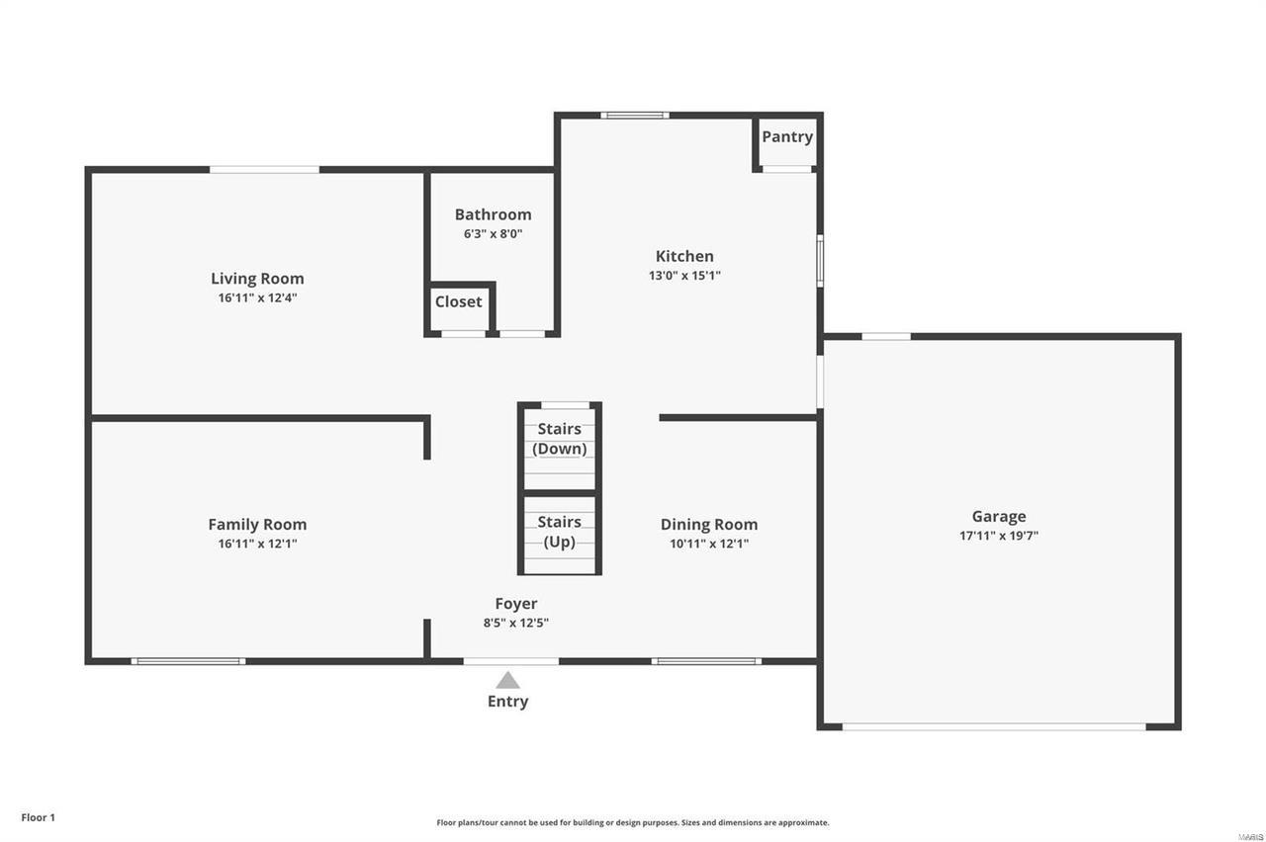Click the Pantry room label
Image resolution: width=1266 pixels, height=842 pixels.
[x=787, y=136]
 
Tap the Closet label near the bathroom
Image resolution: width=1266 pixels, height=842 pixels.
[x=459, y=301]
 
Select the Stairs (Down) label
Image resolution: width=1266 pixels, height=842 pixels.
[x=560, y=439]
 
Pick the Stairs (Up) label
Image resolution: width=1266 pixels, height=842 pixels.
[x=560, y=532]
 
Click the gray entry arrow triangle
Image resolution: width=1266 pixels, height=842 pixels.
[x=507, y=680]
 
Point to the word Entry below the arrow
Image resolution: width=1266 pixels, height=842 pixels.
[x=507, y=702]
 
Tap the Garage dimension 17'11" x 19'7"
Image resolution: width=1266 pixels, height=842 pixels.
[x=999, y=537]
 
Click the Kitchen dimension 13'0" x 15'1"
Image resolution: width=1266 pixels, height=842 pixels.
[x=684, y=277]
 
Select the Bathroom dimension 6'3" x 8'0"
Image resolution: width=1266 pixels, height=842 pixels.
[x=493, y=234]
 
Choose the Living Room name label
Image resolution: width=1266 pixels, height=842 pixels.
[x=257, y=279]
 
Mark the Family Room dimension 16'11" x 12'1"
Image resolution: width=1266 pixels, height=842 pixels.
[x=257, y=544]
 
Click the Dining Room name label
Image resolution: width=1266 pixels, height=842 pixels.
[x=709, y=525]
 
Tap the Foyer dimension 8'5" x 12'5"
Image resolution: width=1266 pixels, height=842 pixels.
[x=516, y=624]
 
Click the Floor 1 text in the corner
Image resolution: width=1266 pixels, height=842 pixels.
[x=39, y=817]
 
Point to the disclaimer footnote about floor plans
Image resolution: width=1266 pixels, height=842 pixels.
[x=633, y=822]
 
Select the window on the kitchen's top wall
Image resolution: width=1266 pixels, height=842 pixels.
[x=635, y=116]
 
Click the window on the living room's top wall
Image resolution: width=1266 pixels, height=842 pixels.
[x=264, y=170]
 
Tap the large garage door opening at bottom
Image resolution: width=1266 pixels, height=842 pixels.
[x=994, y=727]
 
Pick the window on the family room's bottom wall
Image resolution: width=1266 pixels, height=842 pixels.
[x=188, y=661]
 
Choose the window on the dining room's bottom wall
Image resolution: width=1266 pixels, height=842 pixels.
[x=706, y=661]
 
